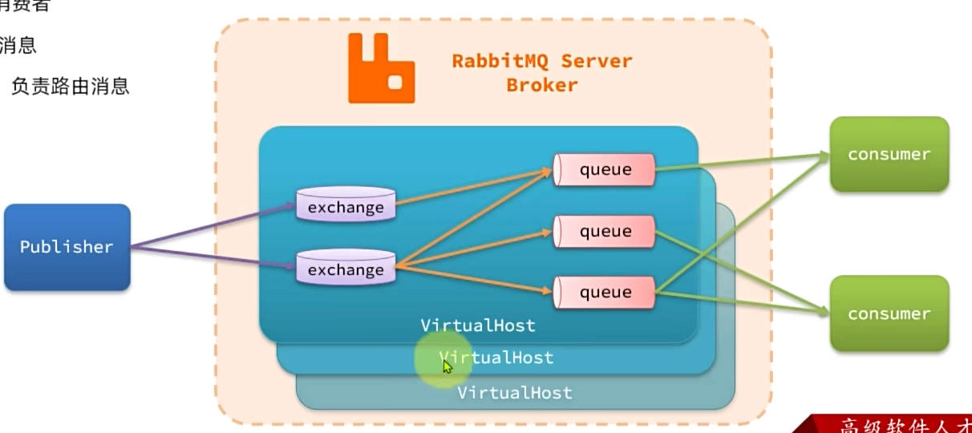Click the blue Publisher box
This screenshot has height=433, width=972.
tap(67, 247)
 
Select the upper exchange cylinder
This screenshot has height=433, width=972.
tap(346, 205)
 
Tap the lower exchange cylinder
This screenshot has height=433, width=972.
tap(346, 268)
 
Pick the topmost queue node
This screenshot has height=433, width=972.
tap(605, 169)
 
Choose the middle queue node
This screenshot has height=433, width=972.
tap(605, 231)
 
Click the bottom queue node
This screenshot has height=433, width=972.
tap(605, 292)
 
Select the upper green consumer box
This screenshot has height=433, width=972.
tap(889, 154)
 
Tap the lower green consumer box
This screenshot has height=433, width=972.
tap(889, 314)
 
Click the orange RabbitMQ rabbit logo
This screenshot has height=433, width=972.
tap(381, 68)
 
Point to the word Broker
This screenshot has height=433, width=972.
tap(541, 85)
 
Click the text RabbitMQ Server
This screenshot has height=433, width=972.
tap(541, 61)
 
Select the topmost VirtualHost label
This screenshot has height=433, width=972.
tap(477, 326)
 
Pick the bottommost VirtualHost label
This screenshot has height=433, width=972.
tap(514, 393)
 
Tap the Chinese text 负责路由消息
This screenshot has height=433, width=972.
tap(70, 86)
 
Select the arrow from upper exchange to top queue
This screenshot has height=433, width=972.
tap(473, 186)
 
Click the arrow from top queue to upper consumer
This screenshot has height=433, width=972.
tap(742, 161)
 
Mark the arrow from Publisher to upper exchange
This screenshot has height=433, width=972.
tap(213, 226)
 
